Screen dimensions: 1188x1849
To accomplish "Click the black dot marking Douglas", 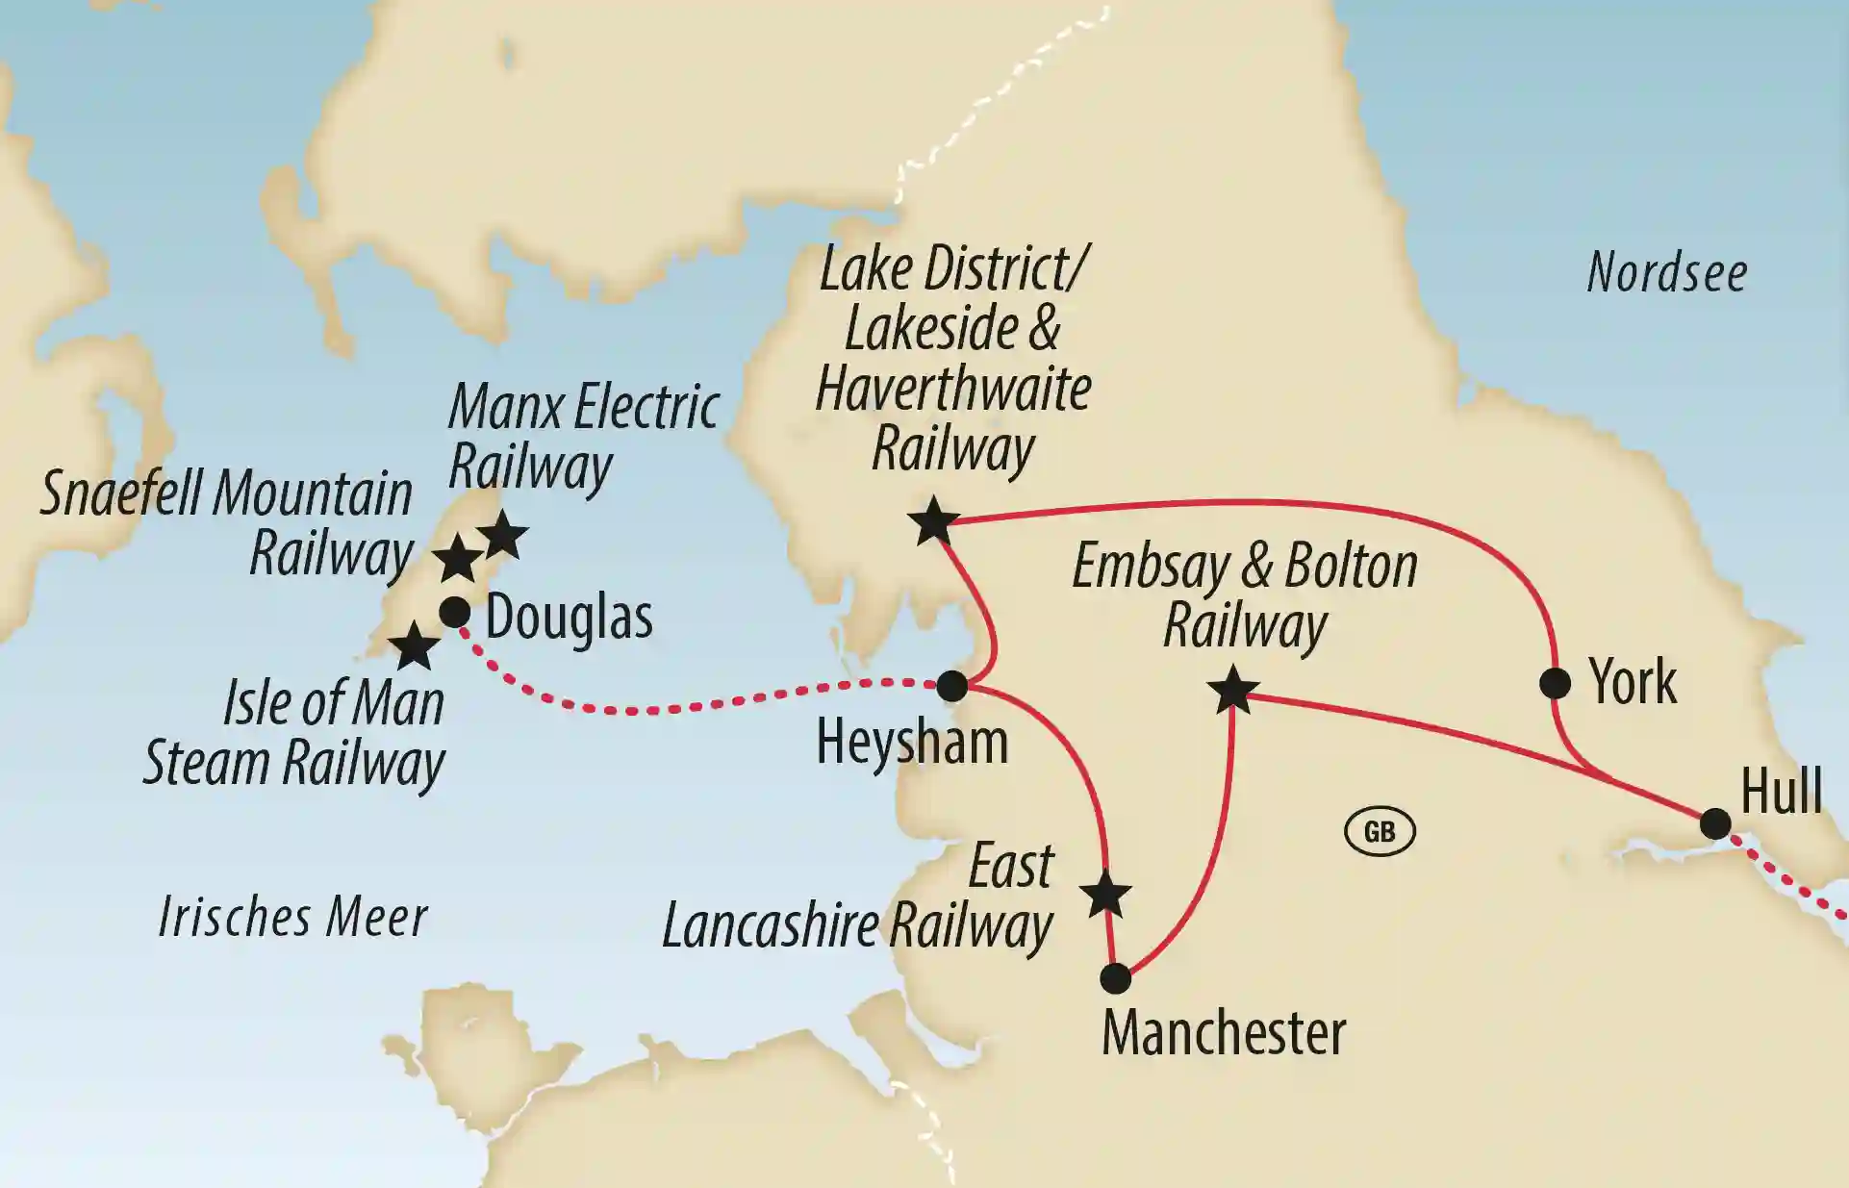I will point(454,612).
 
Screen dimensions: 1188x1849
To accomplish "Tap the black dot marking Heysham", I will point(951,686).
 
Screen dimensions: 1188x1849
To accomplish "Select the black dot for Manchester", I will point(1115,978).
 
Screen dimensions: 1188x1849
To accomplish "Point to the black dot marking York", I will point(1555,683).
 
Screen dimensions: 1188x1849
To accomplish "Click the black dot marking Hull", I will point(1715,823).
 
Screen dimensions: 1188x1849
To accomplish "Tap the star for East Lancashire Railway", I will point(1104,896).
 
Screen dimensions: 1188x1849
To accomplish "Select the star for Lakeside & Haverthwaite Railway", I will point(933,522).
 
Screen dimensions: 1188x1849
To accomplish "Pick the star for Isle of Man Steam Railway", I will point(414,646).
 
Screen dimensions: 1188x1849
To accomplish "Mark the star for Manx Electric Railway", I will point(503,536).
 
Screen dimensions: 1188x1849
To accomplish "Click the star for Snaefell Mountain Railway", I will point(457,559).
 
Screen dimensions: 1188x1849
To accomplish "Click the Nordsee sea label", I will point(1666,273).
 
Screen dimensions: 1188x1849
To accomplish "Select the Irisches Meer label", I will point(292,917).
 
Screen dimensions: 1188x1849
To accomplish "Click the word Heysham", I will point(911,743).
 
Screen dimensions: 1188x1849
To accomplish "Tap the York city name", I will point(1633,683).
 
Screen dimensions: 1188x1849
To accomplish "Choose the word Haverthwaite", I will point(953,390).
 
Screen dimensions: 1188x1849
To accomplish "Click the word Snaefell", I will point(121,494).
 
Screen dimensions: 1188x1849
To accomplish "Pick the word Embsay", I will point(1152,567).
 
